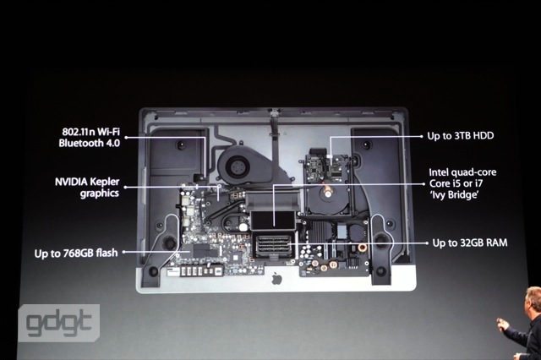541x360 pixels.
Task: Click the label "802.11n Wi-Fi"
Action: coord(91,132)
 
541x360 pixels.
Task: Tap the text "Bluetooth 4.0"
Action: coord(90,143)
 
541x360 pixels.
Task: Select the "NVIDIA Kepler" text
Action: coord(87,182)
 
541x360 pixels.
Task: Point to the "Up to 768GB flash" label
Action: coord(76,254)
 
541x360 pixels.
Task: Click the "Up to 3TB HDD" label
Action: coord(461,136)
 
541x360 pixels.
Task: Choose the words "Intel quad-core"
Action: coord(462,172)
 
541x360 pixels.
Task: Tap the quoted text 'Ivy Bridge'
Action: coord(454,195)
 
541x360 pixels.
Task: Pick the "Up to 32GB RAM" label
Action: coord(470,243)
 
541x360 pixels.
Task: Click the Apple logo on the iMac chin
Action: coord(276,278)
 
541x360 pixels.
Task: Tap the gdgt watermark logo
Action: coord(59,323)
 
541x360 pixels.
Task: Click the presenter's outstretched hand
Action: coord(501,325)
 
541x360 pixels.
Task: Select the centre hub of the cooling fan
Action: coord(238,167)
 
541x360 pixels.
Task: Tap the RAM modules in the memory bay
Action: coord(272,244)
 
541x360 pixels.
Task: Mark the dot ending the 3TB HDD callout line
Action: coord(422,137)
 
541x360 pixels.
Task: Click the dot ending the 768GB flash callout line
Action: coord(124,252)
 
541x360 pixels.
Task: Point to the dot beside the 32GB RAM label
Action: coord(427,243)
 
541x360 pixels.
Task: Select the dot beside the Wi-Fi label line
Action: coord(126,137)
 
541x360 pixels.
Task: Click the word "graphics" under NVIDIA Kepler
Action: coord(100,194)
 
